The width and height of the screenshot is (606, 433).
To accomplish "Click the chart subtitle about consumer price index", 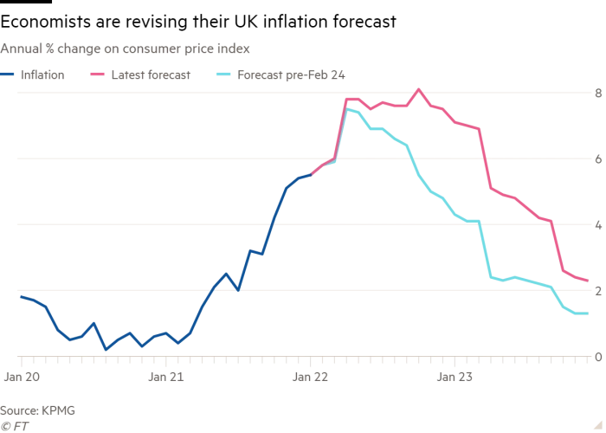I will pos(126,49).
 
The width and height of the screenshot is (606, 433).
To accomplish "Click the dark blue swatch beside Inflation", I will pos(10,75).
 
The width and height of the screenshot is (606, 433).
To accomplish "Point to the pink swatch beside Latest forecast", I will pos(98,75).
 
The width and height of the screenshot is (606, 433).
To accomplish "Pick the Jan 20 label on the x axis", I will pos(19,377).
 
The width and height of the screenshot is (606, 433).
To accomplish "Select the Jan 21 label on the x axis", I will pos(164,377).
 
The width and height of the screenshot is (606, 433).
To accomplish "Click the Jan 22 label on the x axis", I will pos(310,377).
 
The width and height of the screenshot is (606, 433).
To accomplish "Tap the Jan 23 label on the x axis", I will pos(455,377).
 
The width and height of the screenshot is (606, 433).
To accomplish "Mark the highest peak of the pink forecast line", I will pos(419,89).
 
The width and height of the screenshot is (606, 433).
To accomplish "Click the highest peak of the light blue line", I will pos(347,110).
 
